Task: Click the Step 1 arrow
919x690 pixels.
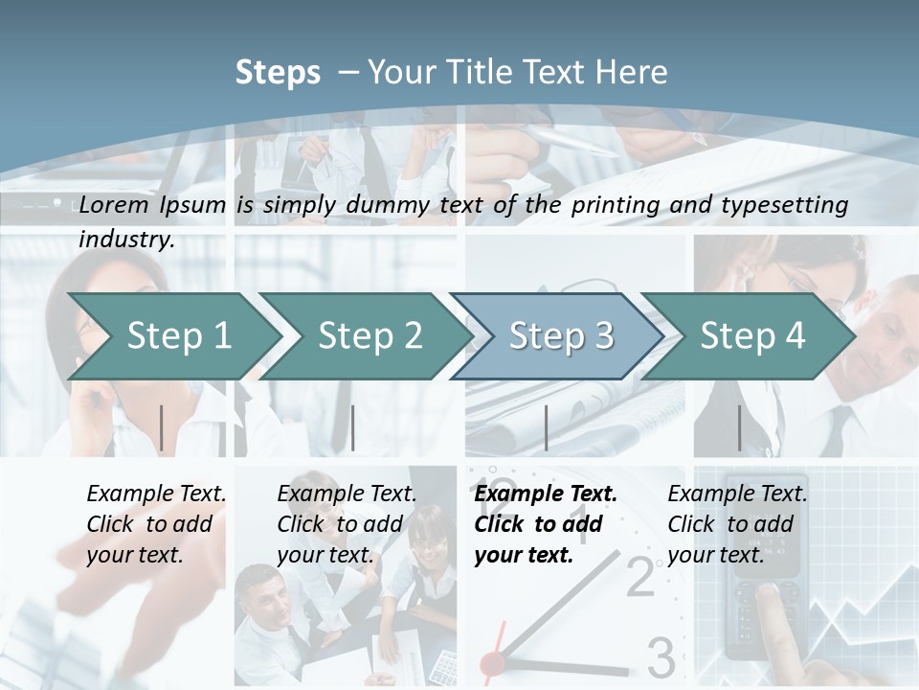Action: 179,335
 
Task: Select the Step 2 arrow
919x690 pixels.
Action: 370,335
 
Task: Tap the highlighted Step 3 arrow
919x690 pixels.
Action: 561,335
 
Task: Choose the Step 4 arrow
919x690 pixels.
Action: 752,335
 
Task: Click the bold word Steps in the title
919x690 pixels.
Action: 278,73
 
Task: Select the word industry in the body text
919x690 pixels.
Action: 125,239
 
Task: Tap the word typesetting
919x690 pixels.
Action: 792,204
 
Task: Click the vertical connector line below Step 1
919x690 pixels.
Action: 162,427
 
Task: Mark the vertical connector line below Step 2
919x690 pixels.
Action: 353,427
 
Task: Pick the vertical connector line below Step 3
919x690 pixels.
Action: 547,427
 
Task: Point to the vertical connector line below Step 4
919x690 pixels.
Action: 739,427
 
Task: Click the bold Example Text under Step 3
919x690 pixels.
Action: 546,494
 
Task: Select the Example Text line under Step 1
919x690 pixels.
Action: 156,494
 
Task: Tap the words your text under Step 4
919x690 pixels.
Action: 716,555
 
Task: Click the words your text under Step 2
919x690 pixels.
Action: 325,555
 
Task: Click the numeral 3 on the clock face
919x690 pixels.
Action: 661,658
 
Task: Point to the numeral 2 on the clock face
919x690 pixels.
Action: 640,578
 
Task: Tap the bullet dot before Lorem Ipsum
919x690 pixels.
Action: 58,204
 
